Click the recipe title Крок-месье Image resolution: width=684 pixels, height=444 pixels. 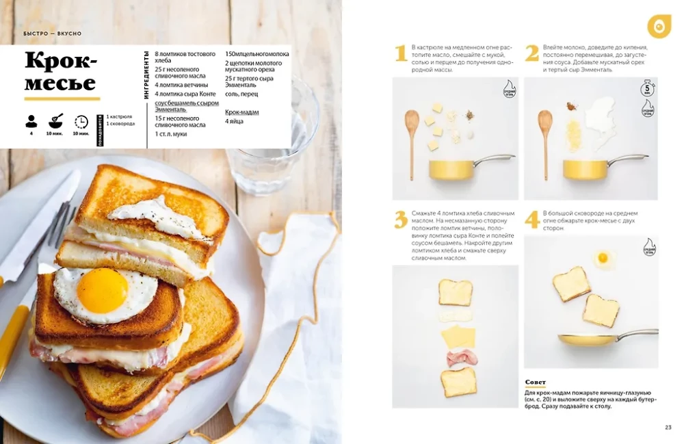tap(61, 71)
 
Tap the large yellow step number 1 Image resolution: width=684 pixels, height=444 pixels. tap(402, 53)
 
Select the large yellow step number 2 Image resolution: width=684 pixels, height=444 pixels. tap(532, 53)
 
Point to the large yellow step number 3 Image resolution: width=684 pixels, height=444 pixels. tap(401, 220)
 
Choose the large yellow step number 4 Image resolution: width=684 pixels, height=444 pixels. tap(532, 220)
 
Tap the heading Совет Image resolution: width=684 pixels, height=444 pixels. tap(536, 382)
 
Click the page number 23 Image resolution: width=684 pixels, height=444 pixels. tap(668, 428)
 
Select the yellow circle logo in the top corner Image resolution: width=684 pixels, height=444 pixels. tap(659, 26)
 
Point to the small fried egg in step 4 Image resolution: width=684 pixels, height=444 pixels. tap(603, 258)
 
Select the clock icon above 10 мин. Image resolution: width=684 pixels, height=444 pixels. tap(81, 122)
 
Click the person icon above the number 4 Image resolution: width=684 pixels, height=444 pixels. tap(31, 122)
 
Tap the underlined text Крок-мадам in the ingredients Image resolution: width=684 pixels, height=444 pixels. tap(241, 112)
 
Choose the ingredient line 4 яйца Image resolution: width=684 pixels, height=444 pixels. tap(234, 121)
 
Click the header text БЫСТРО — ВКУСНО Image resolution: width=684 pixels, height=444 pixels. tap(52, 34)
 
